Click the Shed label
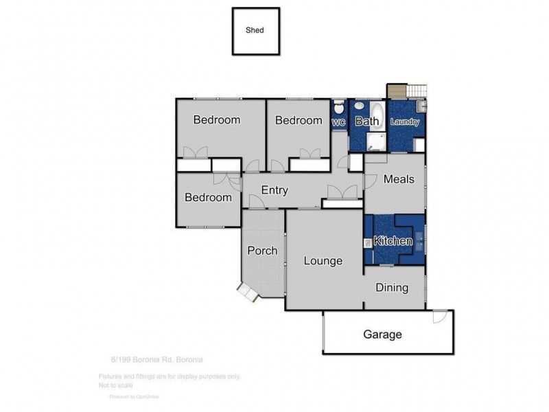pyautogui.click(x=255, y=30)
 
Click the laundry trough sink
pyautogui.click(x=421, y=106)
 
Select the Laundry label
pyautogui.click(x=404, y=122)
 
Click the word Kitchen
pyautogui.click(x=393, y=241)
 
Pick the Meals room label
pyautogui.click(x=399, y=179)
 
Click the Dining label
pyautogui.click(x=392, y=288)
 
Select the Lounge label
pyautogui.click(x=323, y=261)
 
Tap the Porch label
pyautogui.click(x=262, y=251)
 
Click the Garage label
pyautogui.click(x=382, y=334)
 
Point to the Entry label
pyautogui.click(x=274, y=191)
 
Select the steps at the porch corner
pyautogui.click(x=247, y=293)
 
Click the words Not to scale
pyautogui.click(x=115, y=386)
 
